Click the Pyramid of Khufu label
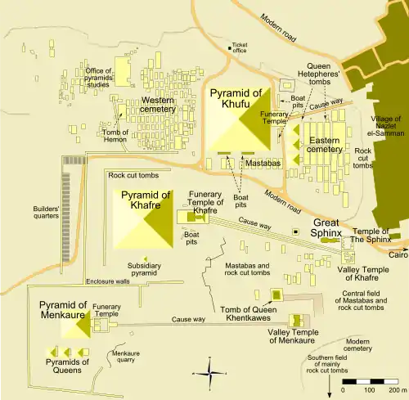tap(237, 99)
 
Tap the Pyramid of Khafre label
tap(146, 200)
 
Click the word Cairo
tap(398, 254)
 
